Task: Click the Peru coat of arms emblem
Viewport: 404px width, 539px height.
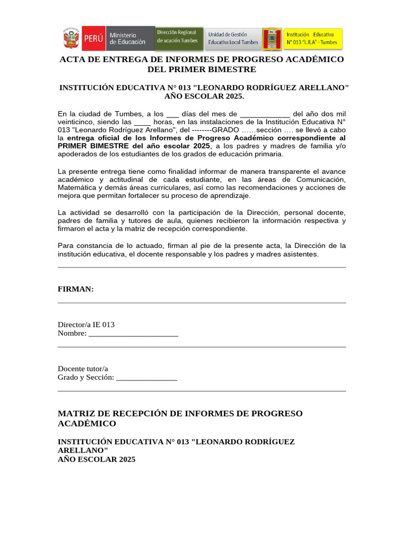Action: (71, 38)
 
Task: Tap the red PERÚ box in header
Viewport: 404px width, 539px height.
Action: (93, 38)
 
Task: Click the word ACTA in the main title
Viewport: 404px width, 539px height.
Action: (73, 59)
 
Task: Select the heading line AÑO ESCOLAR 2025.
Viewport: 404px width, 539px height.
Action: (204, 96)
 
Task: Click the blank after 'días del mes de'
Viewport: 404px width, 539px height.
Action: (265, 114)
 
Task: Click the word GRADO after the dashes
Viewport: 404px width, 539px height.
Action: (226, 130)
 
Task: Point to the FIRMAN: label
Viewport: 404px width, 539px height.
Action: (75, 289)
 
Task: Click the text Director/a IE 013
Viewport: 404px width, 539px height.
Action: (86, 325)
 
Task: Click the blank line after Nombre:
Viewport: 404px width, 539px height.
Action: (133, 334)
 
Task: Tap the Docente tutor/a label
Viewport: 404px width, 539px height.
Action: (83, 368)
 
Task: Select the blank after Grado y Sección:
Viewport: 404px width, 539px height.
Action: (146, 378)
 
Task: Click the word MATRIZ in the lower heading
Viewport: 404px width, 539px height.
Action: (76, 414)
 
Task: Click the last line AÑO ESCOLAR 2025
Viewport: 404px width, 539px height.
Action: (96, 460)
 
